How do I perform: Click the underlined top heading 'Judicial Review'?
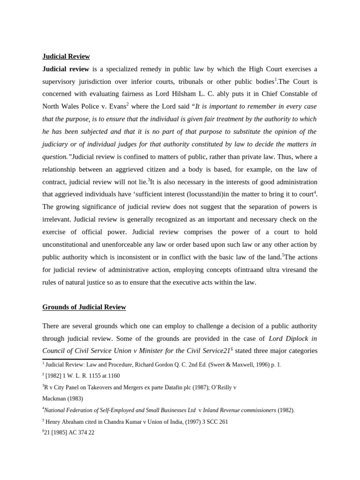(x=66, y=56)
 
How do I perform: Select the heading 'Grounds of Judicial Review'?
(x=84, y=307)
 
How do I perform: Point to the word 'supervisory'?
(x=61, y=82)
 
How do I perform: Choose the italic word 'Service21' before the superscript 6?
(x=214, y=351)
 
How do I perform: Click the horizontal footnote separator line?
(x=77, y=359)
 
